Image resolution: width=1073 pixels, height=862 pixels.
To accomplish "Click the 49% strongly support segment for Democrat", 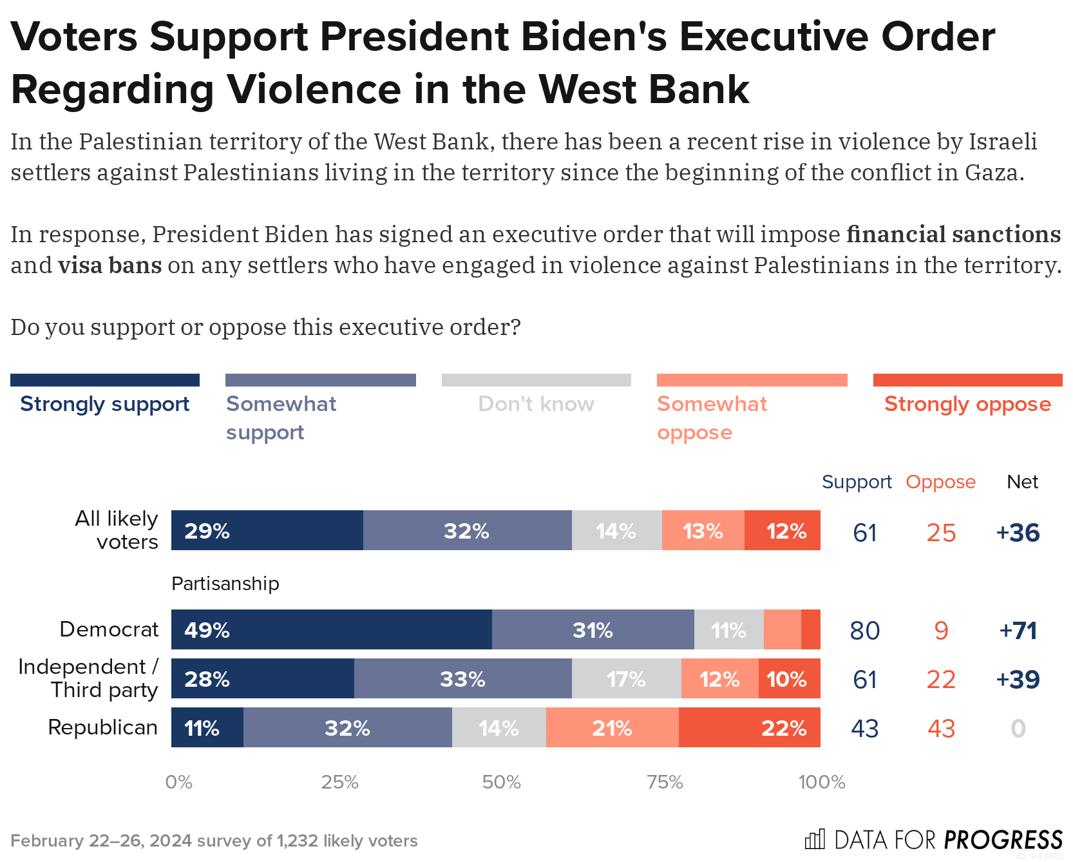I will pos(331,629).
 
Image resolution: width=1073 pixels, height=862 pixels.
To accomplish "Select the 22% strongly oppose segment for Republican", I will pos(749,727).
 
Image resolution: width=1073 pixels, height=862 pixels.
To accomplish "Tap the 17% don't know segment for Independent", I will pos(626,678).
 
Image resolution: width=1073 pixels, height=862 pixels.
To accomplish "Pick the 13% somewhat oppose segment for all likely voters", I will pos(703,530).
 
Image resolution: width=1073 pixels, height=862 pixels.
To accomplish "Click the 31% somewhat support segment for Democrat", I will pos(593,629).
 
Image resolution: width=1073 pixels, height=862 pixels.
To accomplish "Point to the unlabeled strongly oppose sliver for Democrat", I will pos(811,629).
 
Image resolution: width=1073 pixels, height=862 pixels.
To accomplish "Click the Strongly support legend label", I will pos(104,404).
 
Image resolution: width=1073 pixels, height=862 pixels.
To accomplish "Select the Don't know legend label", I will pos(536,404).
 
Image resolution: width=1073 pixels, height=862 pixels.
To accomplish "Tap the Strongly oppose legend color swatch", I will pos(967,380).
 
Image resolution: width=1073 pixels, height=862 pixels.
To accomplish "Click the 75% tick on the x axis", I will pos(665,782).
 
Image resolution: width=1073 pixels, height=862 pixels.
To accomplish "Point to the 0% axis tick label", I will pos(178,782).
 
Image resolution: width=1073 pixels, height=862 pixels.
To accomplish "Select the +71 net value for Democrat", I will pos(1018,630).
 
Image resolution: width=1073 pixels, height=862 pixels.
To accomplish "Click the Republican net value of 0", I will pos(1018,729).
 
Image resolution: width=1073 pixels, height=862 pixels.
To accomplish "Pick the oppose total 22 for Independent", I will pos(941,680).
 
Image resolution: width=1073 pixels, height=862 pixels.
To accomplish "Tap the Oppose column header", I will pos(940,482).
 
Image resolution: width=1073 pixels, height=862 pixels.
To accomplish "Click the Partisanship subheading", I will pos(225,584).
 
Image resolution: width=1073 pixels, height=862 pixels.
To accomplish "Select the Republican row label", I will pos(103,727).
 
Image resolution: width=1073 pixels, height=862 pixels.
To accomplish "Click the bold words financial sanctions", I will pos(953,234).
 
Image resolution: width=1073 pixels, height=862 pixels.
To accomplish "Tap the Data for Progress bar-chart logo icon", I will pos(815,839).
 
